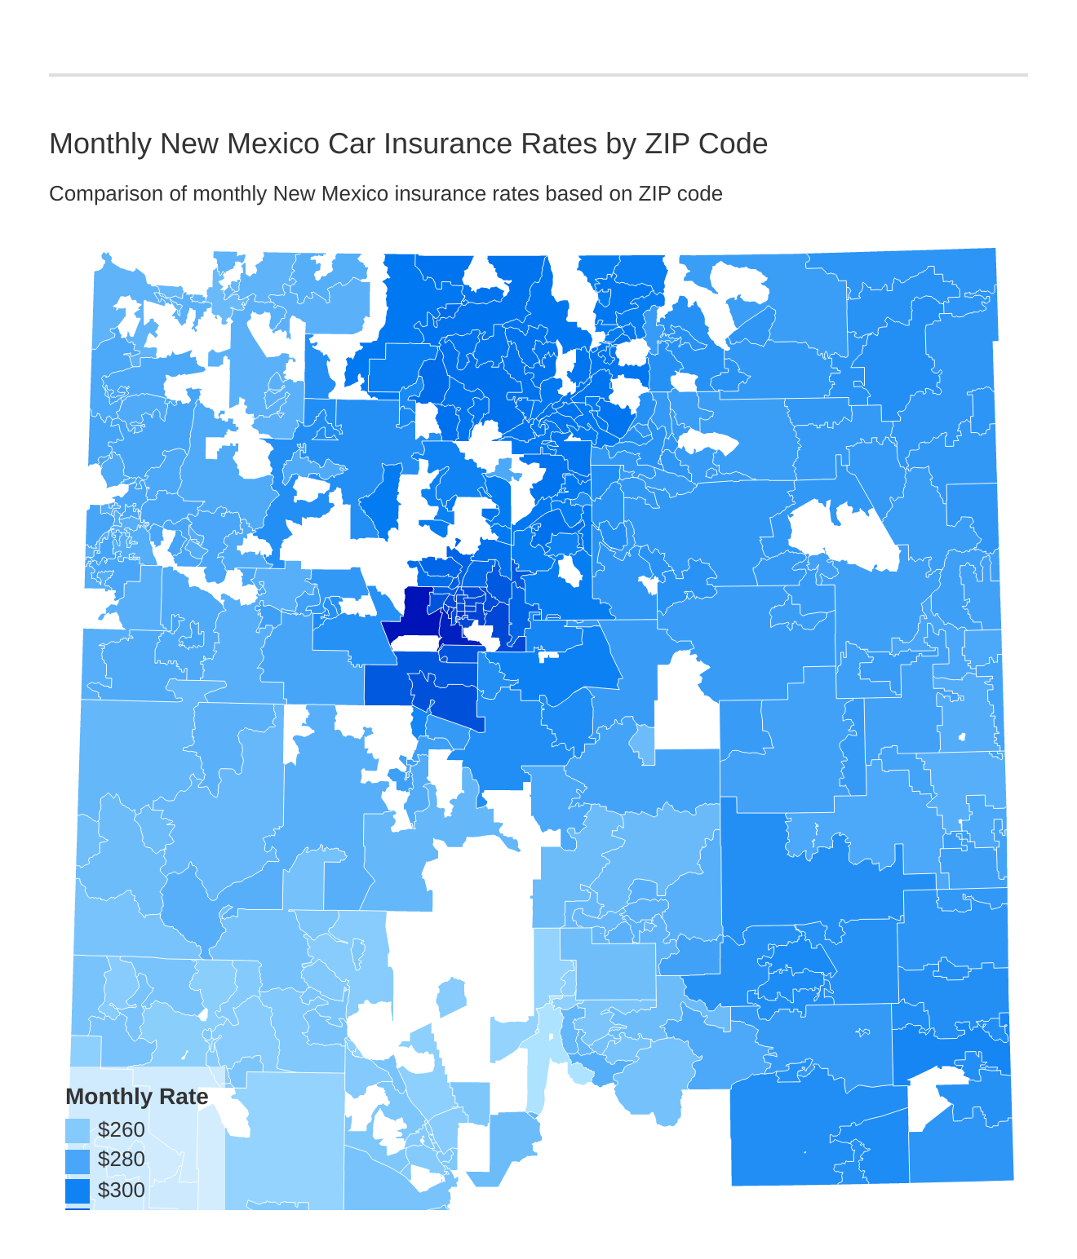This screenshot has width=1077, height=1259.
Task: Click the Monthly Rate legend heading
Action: (136, 1097)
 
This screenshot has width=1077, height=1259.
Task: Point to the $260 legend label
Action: (121, 1130)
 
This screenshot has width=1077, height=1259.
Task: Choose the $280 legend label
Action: (121, 1160)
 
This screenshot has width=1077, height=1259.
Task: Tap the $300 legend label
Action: (121, 1191)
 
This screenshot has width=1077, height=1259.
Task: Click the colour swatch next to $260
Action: (78, 1131)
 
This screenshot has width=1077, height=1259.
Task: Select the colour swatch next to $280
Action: (78, 1160)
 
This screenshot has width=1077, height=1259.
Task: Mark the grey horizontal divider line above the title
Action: (538, 75)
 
